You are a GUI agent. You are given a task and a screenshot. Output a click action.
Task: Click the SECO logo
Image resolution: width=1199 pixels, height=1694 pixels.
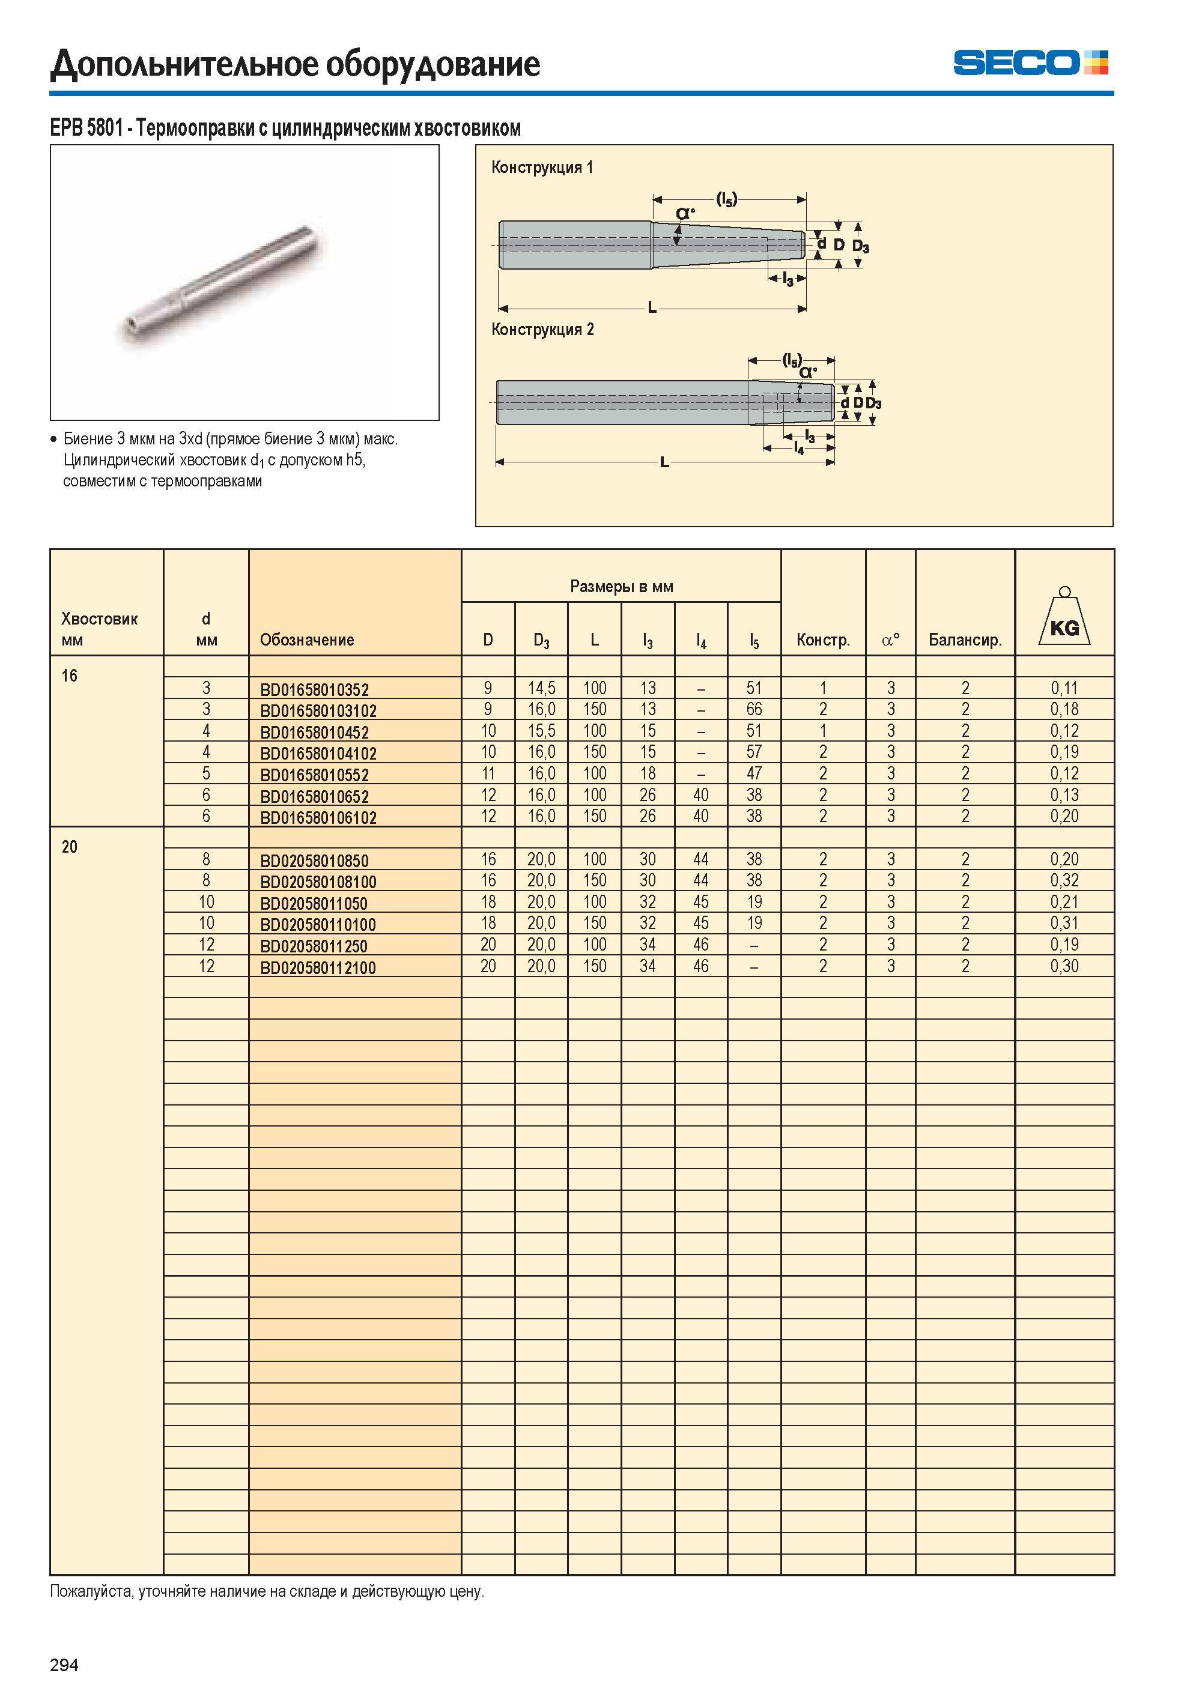tap(1030, 62)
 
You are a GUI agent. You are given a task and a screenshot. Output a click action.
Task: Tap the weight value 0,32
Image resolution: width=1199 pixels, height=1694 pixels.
tap(1064, 880)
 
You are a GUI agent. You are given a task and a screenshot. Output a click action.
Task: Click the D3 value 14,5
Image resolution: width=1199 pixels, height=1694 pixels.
tap(541, 688)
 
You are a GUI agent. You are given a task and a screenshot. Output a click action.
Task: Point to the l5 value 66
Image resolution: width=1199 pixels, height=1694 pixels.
tap(754, 709)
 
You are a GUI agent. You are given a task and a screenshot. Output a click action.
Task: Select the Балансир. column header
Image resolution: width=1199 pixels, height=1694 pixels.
tap(965, 640)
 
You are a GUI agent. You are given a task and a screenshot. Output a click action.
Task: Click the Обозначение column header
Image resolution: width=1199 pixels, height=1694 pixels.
tap(307, 640)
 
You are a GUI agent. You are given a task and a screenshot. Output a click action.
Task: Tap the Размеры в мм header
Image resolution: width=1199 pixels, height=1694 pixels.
tap(622, 587)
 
